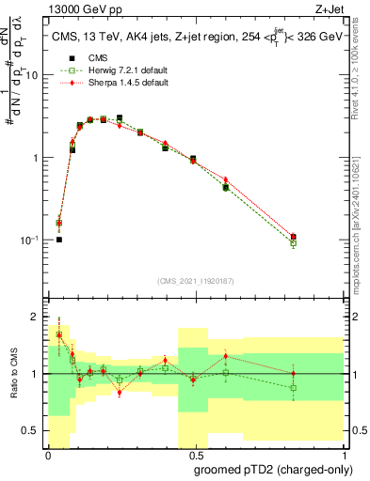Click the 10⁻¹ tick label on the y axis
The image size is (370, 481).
32,240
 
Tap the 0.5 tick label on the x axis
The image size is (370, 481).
193,458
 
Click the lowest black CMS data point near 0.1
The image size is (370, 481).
59,240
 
